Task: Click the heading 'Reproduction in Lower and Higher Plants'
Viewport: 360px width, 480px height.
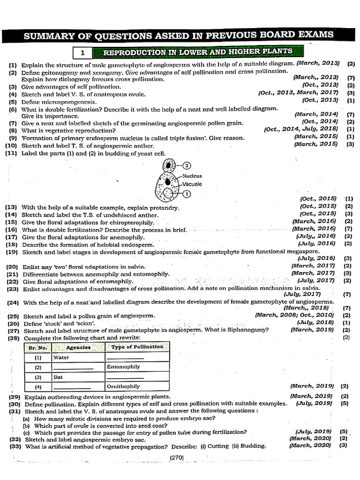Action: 197,52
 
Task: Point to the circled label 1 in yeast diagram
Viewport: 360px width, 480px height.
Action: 186,193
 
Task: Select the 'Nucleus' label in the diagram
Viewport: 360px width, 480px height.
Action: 192,176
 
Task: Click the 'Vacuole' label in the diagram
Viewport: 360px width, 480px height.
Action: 192,184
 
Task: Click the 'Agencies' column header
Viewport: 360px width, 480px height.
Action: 78,347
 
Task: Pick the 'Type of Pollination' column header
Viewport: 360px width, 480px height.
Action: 137,347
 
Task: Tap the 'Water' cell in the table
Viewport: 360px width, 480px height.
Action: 61,358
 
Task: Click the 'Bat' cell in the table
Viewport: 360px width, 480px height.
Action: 58,377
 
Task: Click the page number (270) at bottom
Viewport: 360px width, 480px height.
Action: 177,457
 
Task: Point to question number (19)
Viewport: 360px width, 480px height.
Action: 12,252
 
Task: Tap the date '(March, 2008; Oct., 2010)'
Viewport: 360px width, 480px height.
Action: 294,315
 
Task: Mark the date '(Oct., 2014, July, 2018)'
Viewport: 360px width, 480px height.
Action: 300,128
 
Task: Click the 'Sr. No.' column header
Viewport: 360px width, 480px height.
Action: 38,348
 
